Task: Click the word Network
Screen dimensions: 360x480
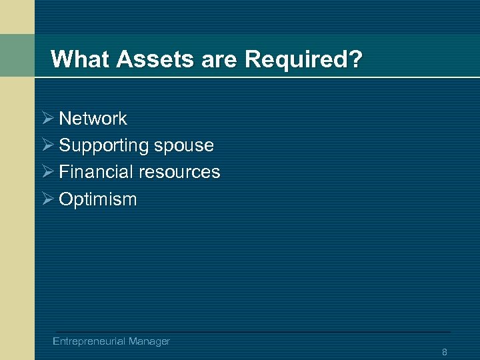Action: (x=93, y=119)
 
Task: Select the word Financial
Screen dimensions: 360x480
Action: (x=96, y=172)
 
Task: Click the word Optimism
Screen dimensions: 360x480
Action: (x=97, y=199)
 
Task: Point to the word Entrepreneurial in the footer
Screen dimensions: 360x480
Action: (x=89, y=341)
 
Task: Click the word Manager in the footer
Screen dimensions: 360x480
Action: (x=149, y=341)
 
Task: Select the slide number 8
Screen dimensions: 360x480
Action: (x=444, y=351)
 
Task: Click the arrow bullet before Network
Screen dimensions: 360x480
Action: (x=46, y=119)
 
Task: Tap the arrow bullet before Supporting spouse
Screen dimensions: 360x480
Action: (x=46, y=145)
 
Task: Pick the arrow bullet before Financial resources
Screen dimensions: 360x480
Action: (x=46, y=172)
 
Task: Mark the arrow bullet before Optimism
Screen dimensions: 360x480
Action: (x=46, y=199)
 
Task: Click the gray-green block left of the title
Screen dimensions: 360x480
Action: (x=17, y=55)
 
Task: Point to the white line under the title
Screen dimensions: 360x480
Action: (x=267, y=77)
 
